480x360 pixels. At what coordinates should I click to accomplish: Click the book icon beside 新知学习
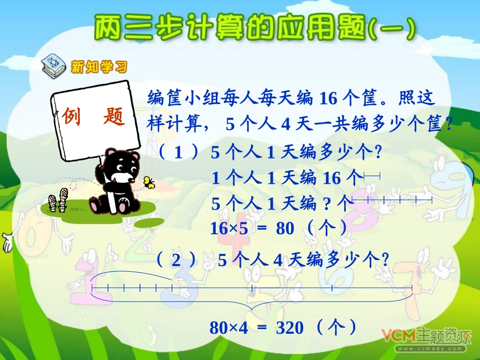tap(54, 65)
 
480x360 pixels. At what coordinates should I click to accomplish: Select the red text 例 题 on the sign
tap(93, 117)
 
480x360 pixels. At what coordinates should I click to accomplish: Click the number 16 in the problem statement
tap(328, 98)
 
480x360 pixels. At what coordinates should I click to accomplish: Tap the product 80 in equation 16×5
tap(285, 229)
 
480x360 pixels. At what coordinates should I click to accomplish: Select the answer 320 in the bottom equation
tap(290, 328)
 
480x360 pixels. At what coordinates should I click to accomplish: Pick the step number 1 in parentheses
tap(177, 153)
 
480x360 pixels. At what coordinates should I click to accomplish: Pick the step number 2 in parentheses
tap(176, 261)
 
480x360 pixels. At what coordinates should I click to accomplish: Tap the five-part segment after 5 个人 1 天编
tap(392, 200)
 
